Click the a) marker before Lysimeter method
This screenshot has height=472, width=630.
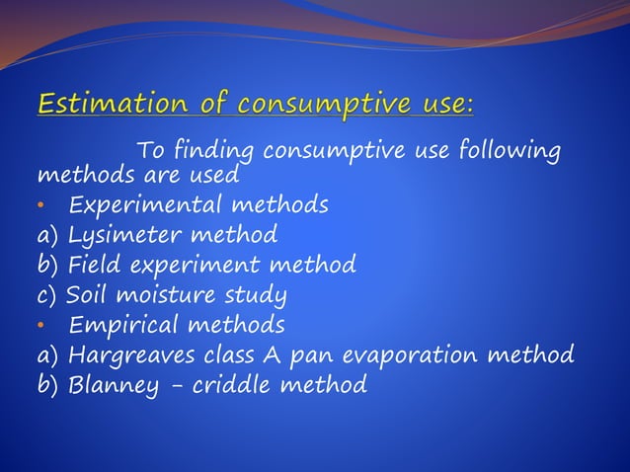tap(48, 237)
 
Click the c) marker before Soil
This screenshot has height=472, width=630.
tap(48, 295)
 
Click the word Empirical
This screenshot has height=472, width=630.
tap(123, 325)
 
